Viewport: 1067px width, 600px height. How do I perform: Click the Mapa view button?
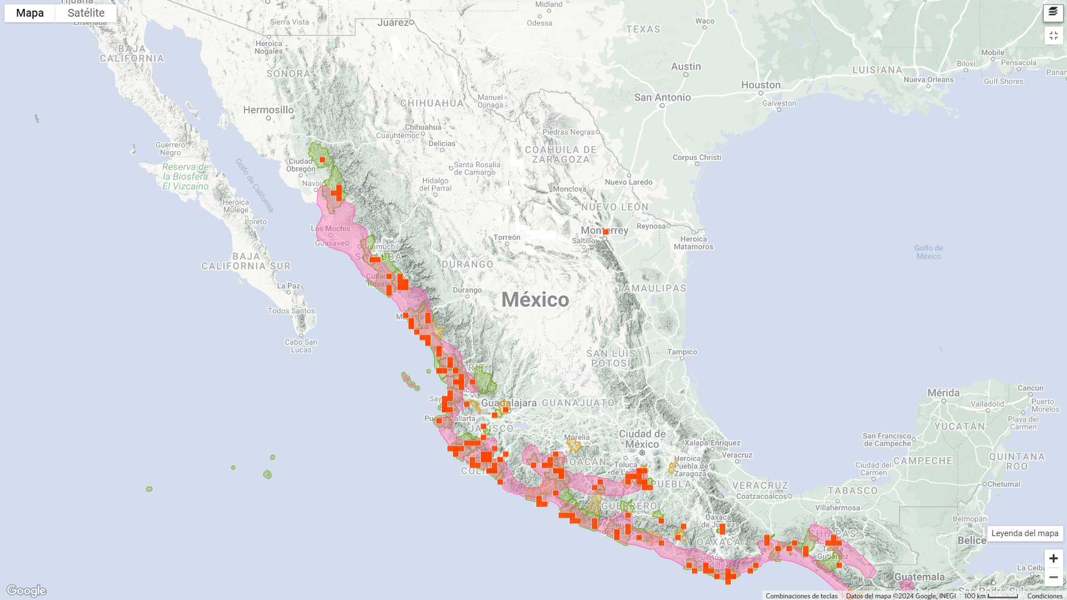(30, 13)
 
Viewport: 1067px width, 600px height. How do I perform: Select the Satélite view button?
(86, 13)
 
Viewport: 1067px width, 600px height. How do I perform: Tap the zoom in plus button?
(1053, 558)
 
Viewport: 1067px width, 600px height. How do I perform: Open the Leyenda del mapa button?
(1025, 533)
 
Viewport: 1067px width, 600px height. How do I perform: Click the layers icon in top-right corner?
(1053, 12)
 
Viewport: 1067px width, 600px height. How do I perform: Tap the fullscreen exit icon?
(1053, 36)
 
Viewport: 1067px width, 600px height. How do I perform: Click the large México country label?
(535, 300)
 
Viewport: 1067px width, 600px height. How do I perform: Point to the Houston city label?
(761, 85)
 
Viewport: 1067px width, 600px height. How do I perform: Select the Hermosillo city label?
(268, 110)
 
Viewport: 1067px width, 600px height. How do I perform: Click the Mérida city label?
(943, 393)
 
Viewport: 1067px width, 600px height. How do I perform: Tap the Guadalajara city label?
(509, 403)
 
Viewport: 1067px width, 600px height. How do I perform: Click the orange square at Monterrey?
(606, 232)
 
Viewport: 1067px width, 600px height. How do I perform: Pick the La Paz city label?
(288, 286)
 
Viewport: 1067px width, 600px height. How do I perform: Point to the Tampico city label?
(682, 352)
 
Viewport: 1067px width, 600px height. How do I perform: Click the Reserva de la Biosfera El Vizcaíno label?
(186, 177)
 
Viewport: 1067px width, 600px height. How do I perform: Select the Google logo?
(26, 591)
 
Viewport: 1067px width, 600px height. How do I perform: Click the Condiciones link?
(1045, 596)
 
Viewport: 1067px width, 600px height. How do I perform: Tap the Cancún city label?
(1030, 388)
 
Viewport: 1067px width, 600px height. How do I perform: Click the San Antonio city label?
(662, 97)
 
